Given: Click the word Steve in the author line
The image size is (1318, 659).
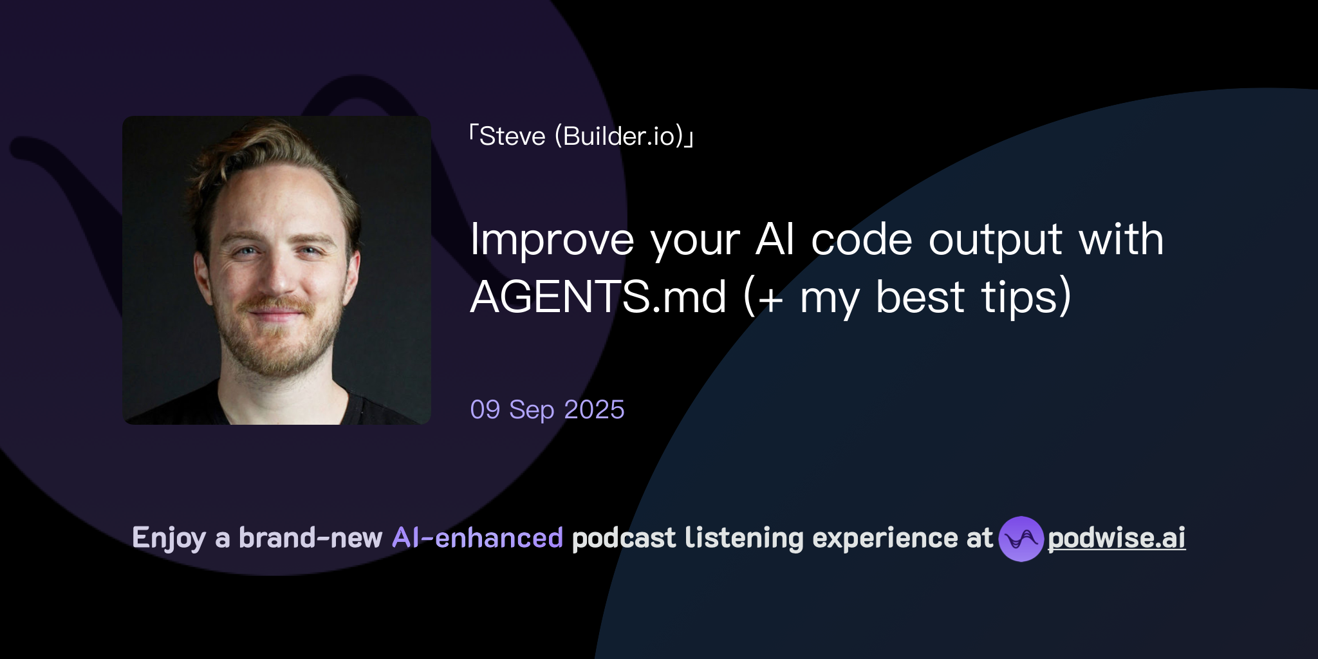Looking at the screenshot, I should [512, 136].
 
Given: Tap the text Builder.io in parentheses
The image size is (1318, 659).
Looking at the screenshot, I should [622, 136].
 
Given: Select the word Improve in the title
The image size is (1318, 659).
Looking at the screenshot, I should [552, 240].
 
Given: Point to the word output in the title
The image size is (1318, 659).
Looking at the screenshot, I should [995, 240].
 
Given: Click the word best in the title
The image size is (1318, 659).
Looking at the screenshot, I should [920, 297].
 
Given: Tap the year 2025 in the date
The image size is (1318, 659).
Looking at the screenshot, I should [594, 410].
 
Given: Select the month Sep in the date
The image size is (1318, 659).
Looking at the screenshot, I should [532, 410].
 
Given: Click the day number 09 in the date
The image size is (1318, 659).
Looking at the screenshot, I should [485, 410].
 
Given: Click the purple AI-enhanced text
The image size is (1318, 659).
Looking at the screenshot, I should [478, 538].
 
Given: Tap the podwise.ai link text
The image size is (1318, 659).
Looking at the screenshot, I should [1117, 538].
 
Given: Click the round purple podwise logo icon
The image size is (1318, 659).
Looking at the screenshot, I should [1021, 539].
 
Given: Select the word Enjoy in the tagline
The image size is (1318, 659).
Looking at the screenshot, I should [169, 538].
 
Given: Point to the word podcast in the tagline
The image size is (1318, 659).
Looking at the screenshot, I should [624, 538].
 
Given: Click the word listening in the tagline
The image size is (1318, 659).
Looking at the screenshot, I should [744, 538].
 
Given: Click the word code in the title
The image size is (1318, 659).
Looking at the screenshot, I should [862, 240].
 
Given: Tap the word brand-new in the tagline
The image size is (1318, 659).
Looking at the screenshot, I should [310, 538].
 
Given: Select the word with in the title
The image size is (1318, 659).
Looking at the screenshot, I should [1121, 240].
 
